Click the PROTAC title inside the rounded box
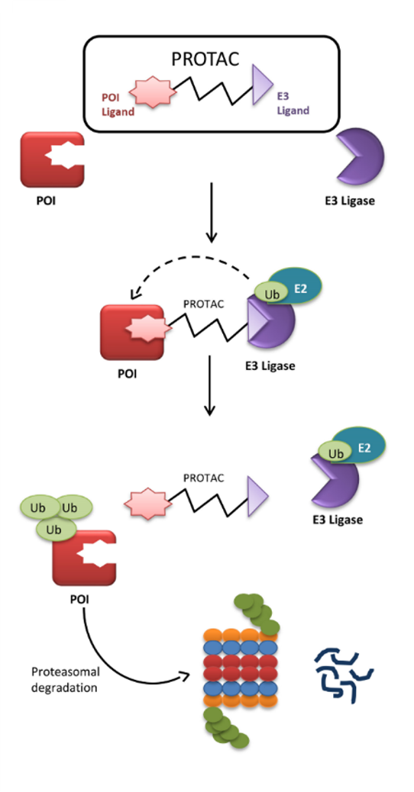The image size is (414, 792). pyautogui.click(x=212, y=60)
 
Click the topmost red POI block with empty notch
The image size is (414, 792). pyautogui.click(x=52, y=159)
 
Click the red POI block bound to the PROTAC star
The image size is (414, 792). pyautogui.click(x=132, y=332)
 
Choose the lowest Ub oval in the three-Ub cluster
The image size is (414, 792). pyautogui.click(x=56, y=530)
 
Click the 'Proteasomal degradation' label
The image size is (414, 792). pyautogui.click(x=66, y=680)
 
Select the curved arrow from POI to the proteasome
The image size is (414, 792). pyautogui.click(x=112, y=665)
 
